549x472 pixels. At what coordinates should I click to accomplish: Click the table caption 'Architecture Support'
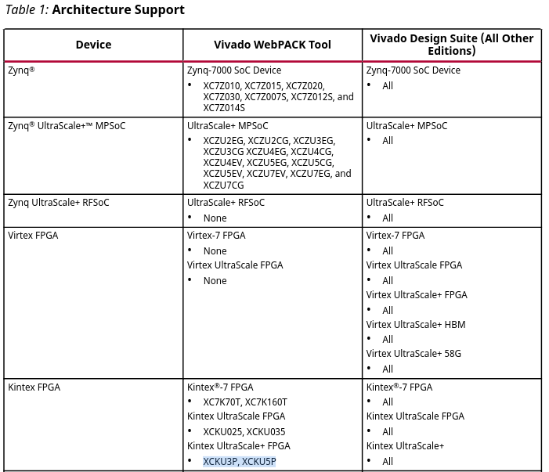tap(118, 10)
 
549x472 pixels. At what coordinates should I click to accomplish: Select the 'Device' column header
tap(93, 45)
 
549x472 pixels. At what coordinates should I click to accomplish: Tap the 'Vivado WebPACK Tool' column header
tap(273, 45)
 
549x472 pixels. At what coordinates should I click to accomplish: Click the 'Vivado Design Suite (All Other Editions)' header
tap(451, 44)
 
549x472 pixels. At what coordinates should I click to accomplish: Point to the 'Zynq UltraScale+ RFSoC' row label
tap(59, 203)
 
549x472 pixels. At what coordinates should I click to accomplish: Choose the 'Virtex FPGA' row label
tap(33, 236)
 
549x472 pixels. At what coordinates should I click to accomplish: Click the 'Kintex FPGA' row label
tap(34, 387)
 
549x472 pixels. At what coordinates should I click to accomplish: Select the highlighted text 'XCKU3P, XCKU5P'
tap(239, 462)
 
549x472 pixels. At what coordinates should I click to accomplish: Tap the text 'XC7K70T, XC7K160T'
tap(245, 402)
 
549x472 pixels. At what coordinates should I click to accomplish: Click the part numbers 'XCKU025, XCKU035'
tap(244, 432)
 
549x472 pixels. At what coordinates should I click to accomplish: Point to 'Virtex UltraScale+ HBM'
tap(416, 325)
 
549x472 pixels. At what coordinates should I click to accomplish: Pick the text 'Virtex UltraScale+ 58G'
tap(414, 354)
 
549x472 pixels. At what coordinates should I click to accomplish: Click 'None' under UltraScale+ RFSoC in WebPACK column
tap(215, 218)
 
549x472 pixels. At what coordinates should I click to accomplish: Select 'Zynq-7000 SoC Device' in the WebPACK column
tap(234, 70)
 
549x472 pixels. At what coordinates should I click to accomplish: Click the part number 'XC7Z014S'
tap(224, 108)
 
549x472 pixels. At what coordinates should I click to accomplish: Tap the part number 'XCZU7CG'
tap(223, 186)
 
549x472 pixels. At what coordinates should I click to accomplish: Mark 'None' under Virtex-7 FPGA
tap(215, 251)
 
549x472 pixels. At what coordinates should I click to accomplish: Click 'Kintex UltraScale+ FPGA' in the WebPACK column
tap(239, 446)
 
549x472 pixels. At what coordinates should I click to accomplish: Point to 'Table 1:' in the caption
tap(27, 10)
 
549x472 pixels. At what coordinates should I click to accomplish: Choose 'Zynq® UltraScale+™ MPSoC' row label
tap(67, 126)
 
